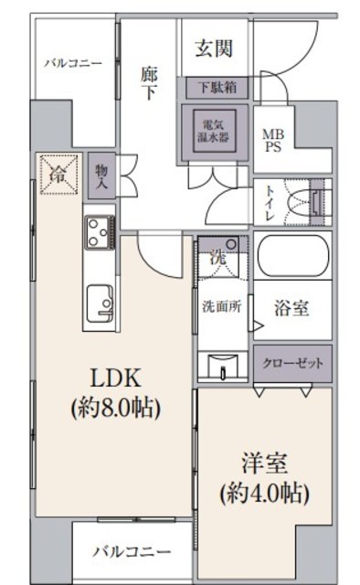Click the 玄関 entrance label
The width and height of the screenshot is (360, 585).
tap(214, 48)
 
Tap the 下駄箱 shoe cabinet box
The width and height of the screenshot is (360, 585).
tap(217, 88)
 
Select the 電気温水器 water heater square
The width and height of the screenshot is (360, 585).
tap(215, 131)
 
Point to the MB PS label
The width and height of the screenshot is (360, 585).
tap(273, 140)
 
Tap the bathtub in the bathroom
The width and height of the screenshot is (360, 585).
tap(293, 256)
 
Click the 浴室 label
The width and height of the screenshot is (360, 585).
tap(291, 308)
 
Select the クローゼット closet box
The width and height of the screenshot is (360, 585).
tap(293, 363)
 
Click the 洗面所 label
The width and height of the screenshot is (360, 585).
tap(222, 306)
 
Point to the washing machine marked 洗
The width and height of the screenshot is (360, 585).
tap(218, 257)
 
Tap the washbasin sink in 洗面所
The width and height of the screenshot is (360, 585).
tap(223, 366)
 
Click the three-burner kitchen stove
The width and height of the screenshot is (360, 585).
tap(100, 232)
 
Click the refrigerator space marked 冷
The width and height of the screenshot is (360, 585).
tap(59, 174)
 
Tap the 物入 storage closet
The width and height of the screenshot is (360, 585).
tap(101, 175)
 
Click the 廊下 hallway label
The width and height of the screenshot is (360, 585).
tap(149, 83)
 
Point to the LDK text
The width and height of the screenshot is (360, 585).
tap(116, 378)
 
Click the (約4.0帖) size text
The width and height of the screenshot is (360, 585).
tap(264, 494)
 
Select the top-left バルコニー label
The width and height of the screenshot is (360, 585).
tap(73, 63)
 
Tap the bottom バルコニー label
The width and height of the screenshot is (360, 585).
tap(132, 551)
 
